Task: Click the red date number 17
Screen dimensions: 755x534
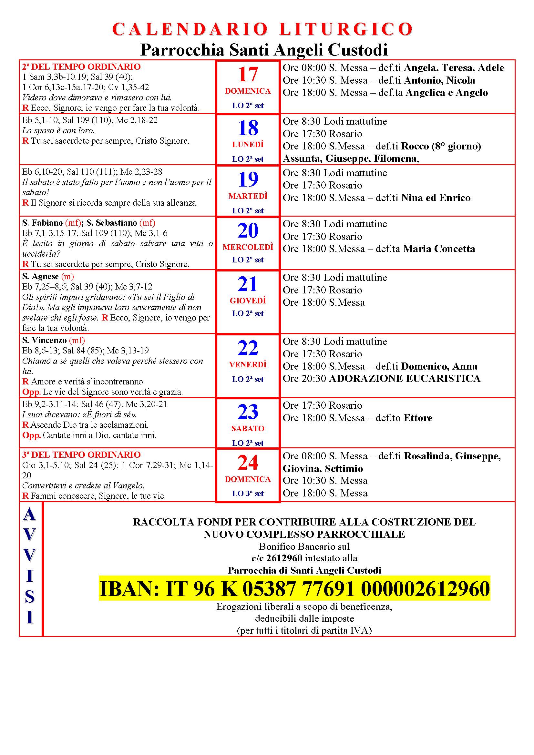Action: (248, 75)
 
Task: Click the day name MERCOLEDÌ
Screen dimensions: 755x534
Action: (248, 247)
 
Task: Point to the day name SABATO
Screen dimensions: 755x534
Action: (248, 428)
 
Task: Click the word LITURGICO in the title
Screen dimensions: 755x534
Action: (346, 30)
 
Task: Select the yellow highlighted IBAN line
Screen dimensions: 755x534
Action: (294, 588)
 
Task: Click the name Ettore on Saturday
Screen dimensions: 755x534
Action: (418, 418)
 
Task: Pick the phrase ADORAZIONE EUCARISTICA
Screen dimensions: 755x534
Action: (405, 379)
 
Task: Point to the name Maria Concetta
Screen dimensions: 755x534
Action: (439, 249)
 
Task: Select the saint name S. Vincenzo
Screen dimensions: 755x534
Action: (44, 340)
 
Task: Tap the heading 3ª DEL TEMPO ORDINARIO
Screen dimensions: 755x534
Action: (81, 454)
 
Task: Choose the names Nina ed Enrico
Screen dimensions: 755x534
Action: (436, 198)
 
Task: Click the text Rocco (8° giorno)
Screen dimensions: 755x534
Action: (441, 146)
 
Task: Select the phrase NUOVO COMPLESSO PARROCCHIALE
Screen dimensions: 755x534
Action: (304, 534)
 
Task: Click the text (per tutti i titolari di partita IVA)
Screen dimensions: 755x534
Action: (304, 630)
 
